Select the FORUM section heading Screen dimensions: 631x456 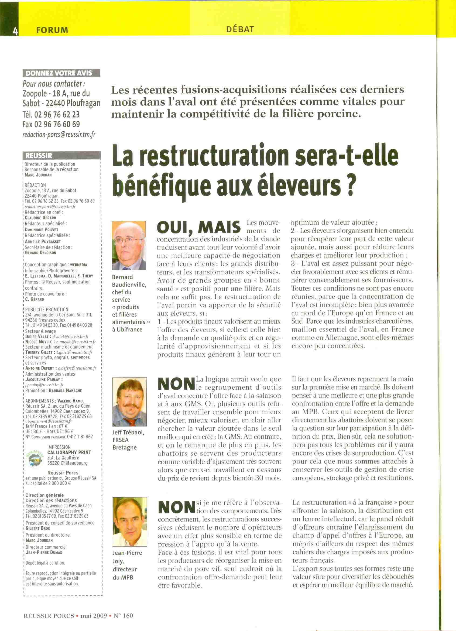click(x=52, y=30)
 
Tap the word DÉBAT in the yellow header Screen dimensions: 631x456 click(x=240, y=29)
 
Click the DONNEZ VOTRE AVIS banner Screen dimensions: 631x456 click(x=61, y=73)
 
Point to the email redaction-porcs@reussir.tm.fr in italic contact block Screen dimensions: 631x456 click(x=59, y=134)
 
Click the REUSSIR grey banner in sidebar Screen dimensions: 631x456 click(x=39, y=156)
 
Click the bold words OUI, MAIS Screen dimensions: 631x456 click(x=199, y=227)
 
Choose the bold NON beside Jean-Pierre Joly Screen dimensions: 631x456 click(x=176, y=507)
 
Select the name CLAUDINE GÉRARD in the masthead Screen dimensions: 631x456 click(x=41, y=218)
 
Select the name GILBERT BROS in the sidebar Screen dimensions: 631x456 click(x=38, y=528)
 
